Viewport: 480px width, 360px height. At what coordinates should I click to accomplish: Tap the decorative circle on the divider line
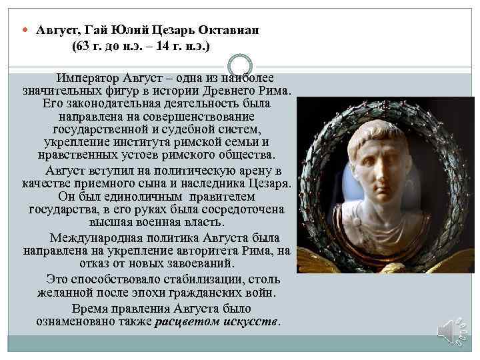(x=239, y=66)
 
